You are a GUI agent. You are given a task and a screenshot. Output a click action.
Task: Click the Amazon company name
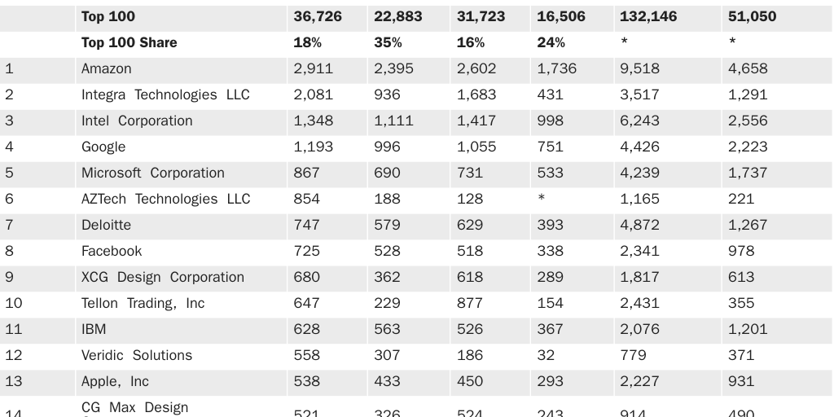point(106,68)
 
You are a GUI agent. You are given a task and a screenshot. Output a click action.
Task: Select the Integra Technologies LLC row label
point(165,94)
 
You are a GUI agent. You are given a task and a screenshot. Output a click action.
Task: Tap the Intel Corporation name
point(137,121)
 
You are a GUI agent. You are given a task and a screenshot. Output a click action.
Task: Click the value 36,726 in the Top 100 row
point(318,16)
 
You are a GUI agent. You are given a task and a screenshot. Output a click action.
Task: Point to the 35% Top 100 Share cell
point(388,42)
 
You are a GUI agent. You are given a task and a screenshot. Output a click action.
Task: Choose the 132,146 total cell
point(648,16)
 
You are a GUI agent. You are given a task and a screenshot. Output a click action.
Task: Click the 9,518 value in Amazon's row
point(639,68)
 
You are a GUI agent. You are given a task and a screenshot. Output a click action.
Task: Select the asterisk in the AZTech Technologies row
point(542,199)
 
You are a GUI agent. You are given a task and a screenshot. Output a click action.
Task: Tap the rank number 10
point(14,303)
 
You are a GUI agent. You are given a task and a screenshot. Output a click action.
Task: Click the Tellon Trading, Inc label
point(143,303)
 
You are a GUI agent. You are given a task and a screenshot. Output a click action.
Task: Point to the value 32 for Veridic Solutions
point(546,355)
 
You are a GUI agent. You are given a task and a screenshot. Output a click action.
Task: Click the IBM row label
point(94,329)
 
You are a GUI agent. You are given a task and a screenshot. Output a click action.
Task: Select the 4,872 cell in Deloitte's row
point(639,225)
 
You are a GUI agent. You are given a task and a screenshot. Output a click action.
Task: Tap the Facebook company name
point(112,251)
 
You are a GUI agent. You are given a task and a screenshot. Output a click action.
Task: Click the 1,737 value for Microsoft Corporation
point(748,173)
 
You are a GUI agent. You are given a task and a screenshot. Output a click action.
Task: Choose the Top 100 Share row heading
point(129,42)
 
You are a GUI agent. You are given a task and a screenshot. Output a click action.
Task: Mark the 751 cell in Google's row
point(551,147)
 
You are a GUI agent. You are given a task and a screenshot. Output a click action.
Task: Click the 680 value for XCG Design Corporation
point(306,277)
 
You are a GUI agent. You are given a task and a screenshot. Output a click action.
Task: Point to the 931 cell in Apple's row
point(741,381)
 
